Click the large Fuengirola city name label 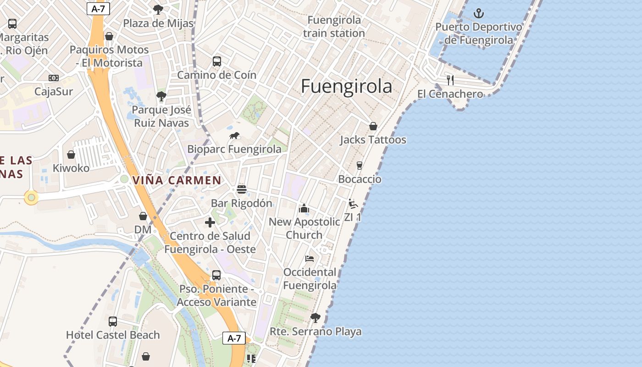[x=346, y=87]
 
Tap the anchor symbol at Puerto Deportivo [x=479, y=13]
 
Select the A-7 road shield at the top [x=98, y=8]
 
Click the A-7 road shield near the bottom [x=234, y=339]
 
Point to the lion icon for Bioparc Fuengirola [x=234, y=136]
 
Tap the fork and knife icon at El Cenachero [x=450, y=80]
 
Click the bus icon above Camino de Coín [x=217, y=61]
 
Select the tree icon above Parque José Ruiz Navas [x=161, y=96]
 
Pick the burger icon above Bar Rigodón [x=242, y=189]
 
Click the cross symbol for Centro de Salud [x=210, y=222]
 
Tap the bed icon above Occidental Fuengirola [x=310, y=259]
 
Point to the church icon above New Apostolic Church [x=304, y=209]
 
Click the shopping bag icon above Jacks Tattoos [x=373, y=126]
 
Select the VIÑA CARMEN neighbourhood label [x=177, y=180]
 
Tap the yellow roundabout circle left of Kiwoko [x=31, y=198]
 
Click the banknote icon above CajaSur [x=54, y=78]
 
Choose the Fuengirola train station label [x=334, y=27]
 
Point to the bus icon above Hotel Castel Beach [x=113, y=321]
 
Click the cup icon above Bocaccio [x=360, y=166]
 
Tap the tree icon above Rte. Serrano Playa [x=315, y=317]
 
